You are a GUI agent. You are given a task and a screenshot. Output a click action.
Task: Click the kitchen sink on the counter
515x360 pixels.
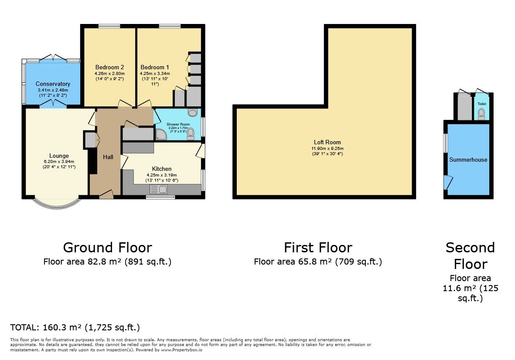pos(159,189)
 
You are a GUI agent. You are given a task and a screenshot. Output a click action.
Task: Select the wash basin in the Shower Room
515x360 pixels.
pos(192,113)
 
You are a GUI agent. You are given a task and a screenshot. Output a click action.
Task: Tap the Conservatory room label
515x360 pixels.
pos(53,84)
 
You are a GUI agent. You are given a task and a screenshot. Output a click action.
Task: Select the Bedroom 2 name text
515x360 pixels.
pos(109,68)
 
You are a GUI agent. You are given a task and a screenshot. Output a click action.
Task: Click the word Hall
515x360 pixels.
pos(108,157)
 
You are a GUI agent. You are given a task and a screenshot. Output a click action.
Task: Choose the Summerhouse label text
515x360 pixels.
pos(468,160)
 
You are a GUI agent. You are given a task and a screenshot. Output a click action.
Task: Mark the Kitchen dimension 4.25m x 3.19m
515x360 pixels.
pos(161,175)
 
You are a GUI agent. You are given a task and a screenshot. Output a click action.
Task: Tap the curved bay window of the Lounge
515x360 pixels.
pos(57,204)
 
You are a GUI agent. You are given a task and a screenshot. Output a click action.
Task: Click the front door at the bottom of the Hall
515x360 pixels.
pos(106,195)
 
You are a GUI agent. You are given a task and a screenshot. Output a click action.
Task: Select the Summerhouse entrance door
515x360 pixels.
pos(447,182)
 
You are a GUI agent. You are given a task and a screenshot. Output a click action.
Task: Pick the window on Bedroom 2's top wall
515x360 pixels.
pos(109,27)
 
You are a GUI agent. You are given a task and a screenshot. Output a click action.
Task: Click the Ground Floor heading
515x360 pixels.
pos(107,248)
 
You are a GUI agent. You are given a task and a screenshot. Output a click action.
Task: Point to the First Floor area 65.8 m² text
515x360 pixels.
pos(317,262)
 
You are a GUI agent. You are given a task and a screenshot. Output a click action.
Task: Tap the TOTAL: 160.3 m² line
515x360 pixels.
pos(75,328)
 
